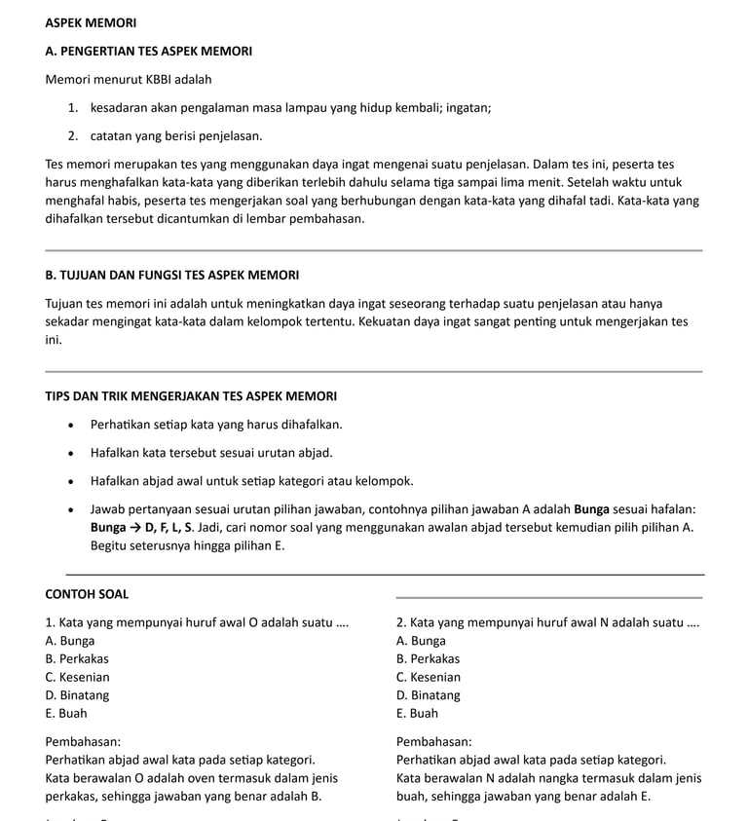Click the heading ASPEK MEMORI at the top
91,22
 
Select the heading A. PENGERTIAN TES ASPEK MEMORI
148,51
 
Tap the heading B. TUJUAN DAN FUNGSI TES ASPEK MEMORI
171,276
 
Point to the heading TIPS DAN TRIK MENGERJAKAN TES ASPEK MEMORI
191,396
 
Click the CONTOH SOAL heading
87,594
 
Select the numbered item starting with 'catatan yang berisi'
176,135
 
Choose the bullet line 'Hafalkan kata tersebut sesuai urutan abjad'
211,453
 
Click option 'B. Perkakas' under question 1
77,659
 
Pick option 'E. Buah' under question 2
417,714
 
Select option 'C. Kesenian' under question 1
77,678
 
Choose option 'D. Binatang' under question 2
429,695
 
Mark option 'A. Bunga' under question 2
421,641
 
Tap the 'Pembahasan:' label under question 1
83,741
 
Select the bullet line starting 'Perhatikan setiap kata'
216,425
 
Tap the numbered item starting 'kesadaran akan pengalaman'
290,107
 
